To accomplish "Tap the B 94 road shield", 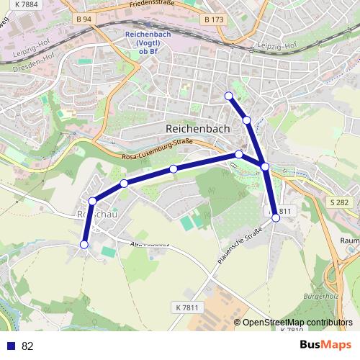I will pos(84,19).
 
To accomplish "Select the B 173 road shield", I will pos(213,19).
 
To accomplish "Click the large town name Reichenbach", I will pos(197,128).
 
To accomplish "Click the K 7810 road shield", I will pos(292,330).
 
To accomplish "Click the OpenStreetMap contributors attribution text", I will pos(297,323).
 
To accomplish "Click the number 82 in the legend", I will pos(27,346).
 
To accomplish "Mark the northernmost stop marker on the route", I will pos(229,96).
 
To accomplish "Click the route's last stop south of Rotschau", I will pos(84,245).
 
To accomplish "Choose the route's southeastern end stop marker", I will pos(276,217).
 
